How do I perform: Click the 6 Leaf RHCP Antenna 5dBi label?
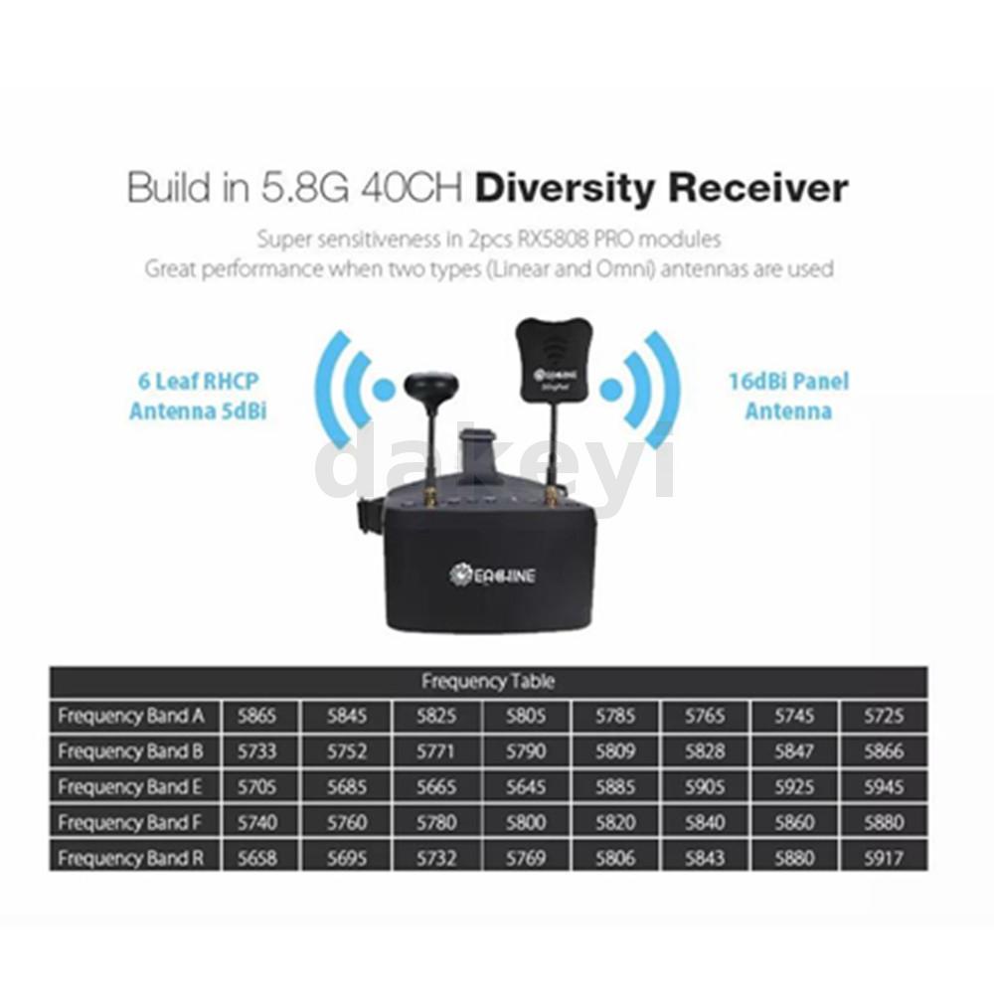click(198, 397)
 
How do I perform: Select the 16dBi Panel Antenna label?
click(788, 396)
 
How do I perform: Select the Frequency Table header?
click(488, 682)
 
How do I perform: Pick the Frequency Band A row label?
click(131, 716)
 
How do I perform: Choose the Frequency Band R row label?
click(131, 858)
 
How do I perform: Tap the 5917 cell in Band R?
click(883, 858)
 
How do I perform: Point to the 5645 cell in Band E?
click(526, 787)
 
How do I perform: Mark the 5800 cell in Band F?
click(526, 823)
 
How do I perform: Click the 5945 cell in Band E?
click(883, 787)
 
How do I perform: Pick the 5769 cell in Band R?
click(526, 858)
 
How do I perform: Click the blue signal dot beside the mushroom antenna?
click(384, 390)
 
